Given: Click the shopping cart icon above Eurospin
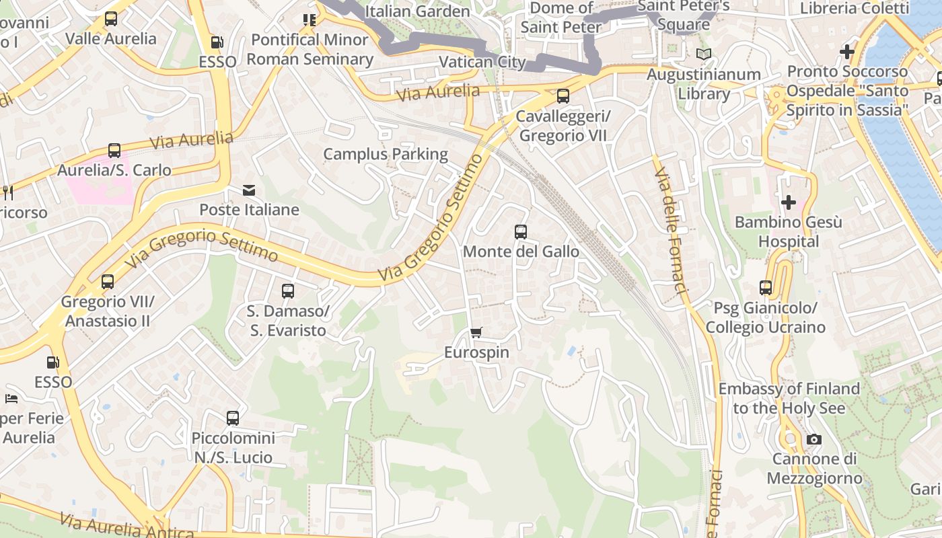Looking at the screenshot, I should [x=476, y=332].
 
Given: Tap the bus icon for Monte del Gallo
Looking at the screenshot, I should [x=521, y=232].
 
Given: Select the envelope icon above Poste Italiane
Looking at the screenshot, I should [x=249, y=190].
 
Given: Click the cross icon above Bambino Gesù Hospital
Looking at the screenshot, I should [x=788, y=202].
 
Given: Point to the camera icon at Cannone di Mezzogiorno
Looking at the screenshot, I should [x=814, y=440].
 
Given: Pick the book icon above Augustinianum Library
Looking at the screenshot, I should [x=704, y=54].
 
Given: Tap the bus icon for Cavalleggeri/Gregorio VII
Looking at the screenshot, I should [x=563, y=96].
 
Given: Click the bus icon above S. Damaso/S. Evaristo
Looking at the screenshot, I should [x=288, y=291].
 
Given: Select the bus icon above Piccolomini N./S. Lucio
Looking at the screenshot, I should [x=233, y=418].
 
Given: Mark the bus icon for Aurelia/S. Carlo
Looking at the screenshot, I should [x=114, y=151].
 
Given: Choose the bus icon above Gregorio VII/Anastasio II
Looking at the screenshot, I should [x=108, y=282].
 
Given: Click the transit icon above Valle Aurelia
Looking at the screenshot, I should [x=111, y=19].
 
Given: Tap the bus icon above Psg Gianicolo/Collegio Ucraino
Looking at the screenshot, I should [x=766, y=288].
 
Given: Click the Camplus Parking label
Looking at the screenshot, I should [x=386, y=154].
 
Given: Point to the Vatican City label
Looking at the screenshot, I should [x=482, y=63].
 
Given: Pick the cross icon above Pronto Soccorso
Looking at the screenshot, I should [x=847, y=51].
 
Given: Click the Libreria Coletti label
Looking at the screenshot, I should [x=854, y=9].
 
